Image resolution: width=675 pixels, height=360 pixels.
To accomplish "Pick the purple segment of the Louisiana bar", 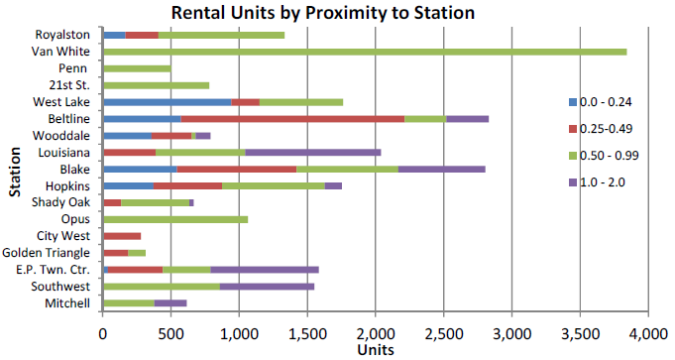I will [x=312, y=152].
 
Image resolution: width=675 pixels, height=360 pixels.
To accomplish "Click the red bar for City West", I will [x=122, y=236].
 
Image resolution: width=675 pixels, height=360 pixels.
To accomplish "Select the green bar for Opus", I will [x=174, y=219].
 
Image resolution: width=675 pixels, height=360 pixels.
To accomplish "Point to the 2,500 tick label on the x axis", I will [x=444, y=334].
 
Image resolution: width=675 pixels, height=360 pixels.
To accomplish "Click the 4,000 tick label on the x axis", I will [x=648, y=334].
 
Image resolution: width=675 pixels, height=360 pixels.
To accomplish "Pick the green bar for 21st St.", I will [x=156, y=85].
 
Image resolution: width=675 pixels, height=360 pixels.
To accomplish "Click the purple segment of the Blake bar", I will [x=441, y=169].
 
